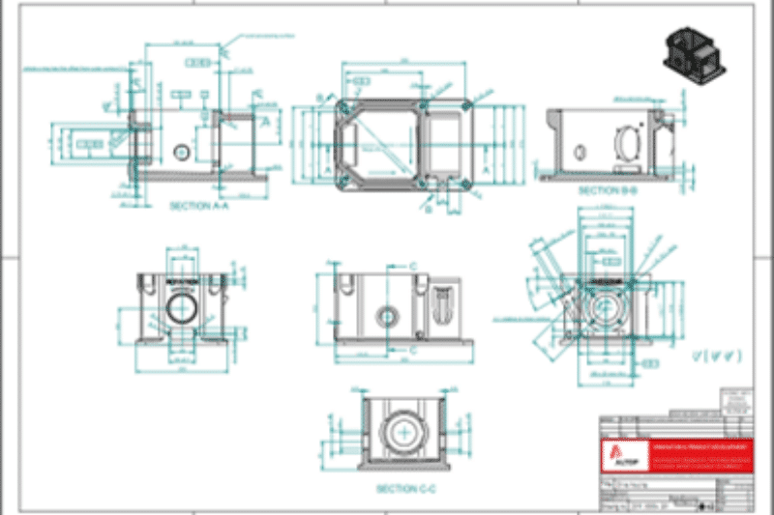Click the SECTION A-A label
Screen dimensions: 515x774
(198, 206)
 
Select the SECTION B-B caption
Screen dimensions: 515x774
(608, 190)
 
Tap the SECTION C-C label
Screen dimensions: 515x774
(403, 489)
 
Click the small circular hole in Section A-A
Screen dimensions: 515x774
(180, 153)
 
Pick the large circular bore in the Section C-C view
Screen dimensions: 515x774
(403, 432)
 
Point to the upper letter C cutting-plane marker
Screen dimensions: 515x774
(413, 265)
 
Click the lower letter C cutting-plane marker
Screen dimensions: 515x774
(413, 350)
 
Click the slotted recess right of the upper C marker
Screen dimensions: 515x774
(443, 307)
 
